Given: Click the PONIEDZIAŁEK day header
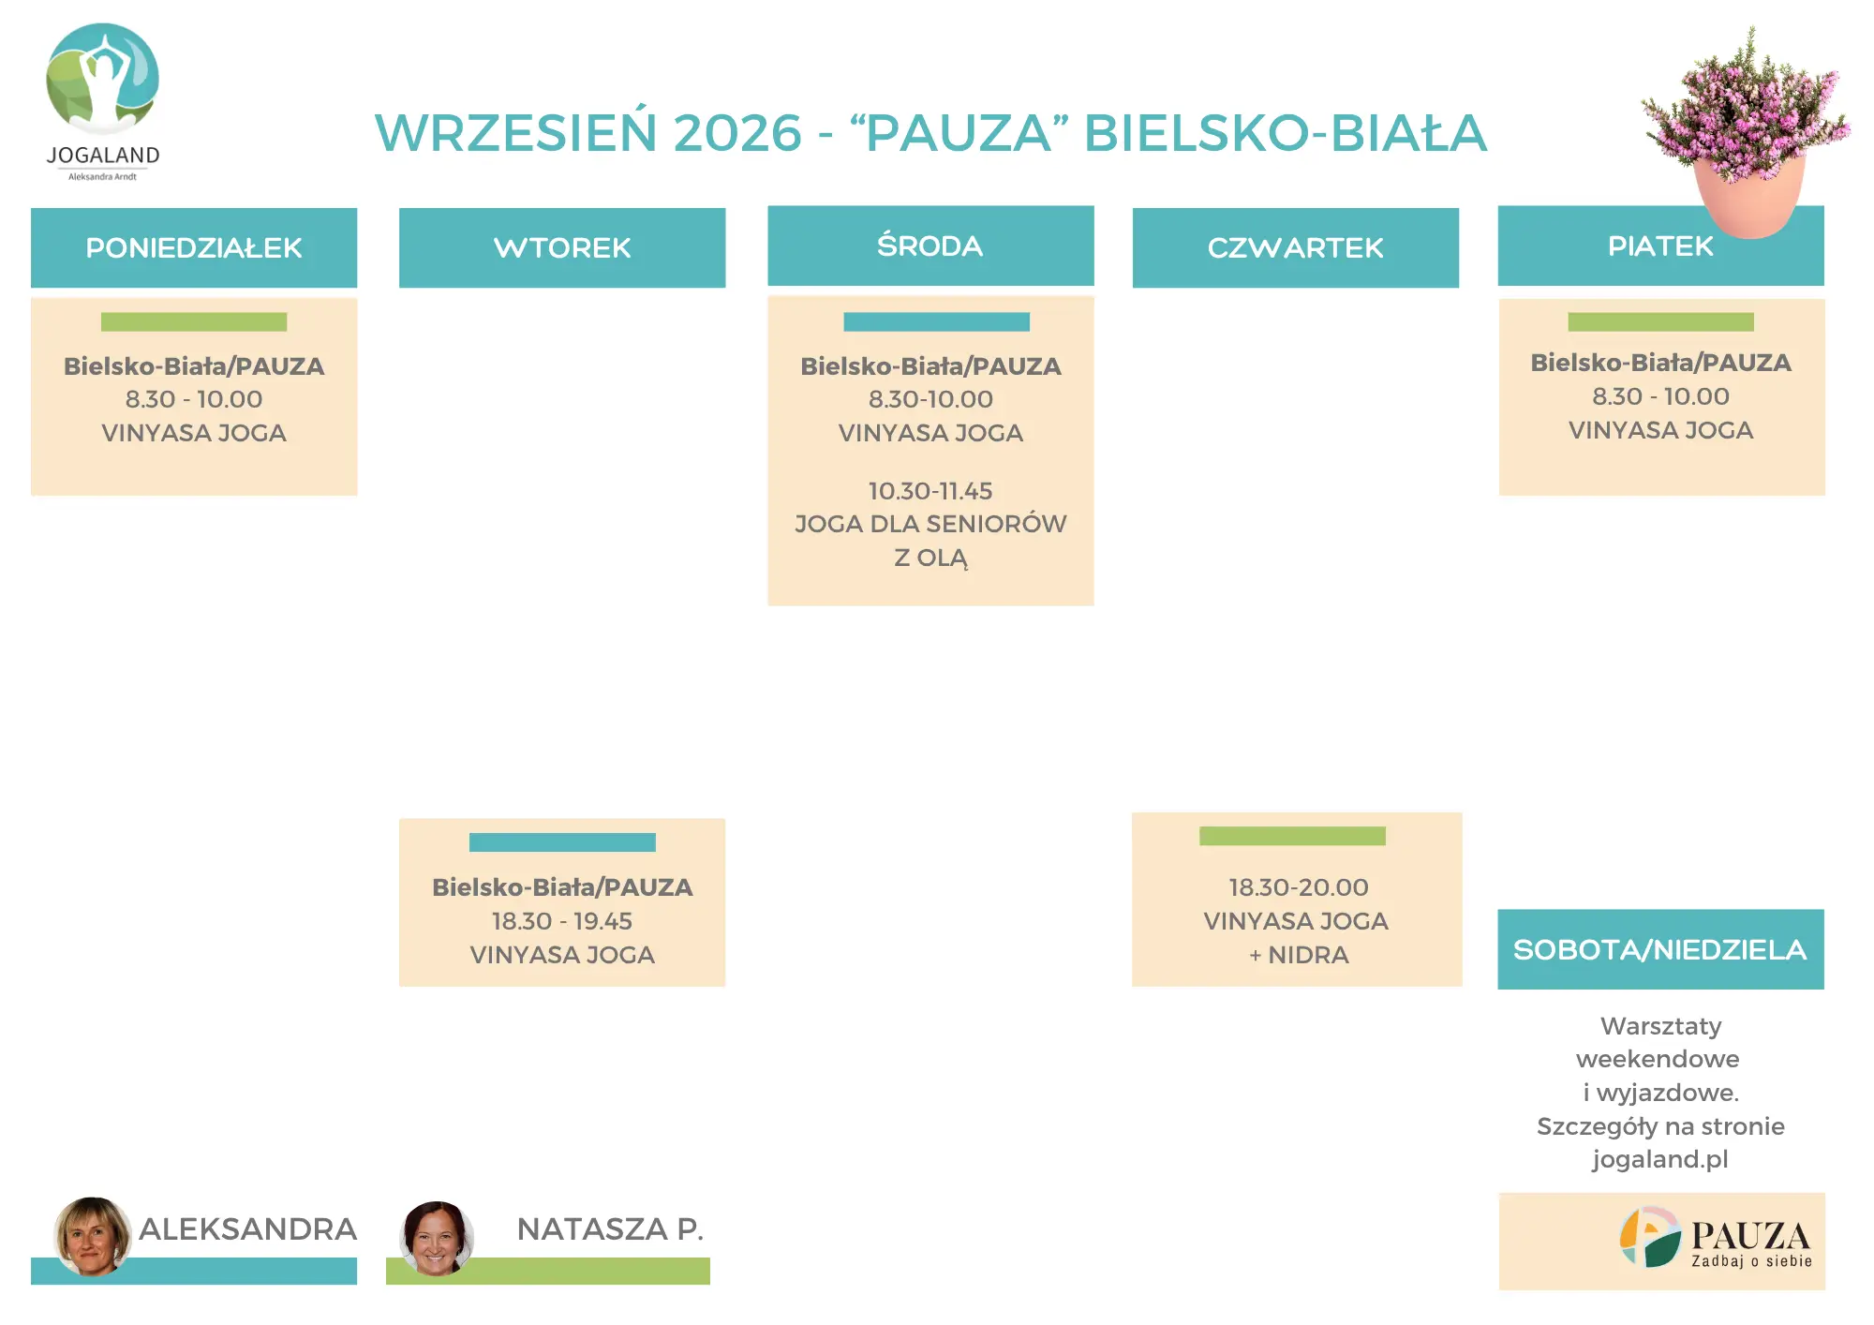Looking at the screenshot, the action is click(194, 247).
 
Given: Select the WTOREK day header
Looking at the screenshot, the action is click(562, 247).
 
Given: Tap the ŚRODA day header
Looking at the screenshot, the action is click(930, 246).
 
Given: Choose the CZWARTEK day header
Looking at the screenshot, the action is click(1296, 247).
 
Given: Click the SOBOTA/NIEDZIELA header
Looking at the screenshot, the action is click(1660, 949).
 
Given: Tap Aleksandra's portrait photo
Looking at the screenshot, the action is click(92, 1235).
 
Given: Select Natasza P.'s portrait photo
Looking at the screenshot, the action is click(437, 1238).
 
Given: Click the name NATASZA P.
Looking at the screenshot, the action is click(610, 1228).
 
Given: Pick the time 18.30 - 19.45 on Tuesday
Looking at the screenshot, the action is click(562, 921).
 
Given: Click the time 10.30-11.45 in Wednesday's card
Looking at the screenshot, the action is click(930, 491).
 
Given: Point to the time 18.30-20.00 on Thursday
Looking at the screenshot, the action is click(1299, 887).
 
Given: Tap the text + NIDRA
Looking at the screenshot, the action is click(1299, 955).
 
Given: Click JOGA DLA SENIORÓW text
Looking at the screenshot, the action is click(930, 524).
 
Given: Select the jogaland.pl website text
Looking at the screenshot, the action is click(1660, 1160).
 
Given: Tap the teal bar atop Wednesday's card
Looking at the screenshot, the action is click(936, 321).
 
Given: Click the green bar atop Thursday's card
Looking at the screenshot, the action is click(1292, 836).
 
